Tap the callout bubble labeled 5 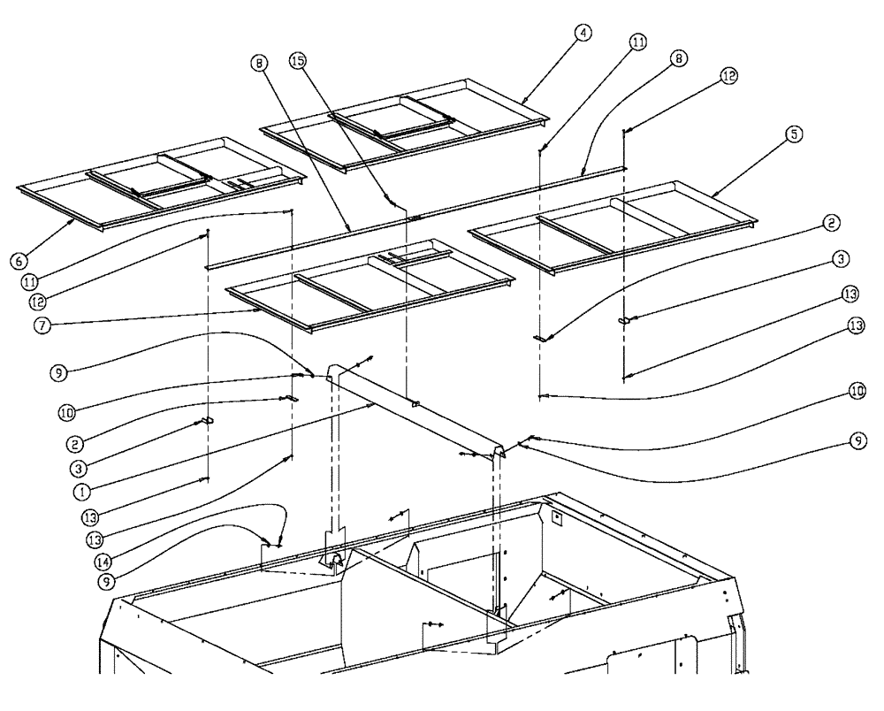(793, 134)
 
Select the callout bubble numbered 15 (298, 61)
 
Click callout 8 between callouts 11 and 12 (678, 59)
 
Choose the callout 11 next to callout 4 (637, 42)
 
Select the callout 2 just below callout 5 (830, 225)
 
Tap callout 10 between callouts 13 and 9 (857, 390)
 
